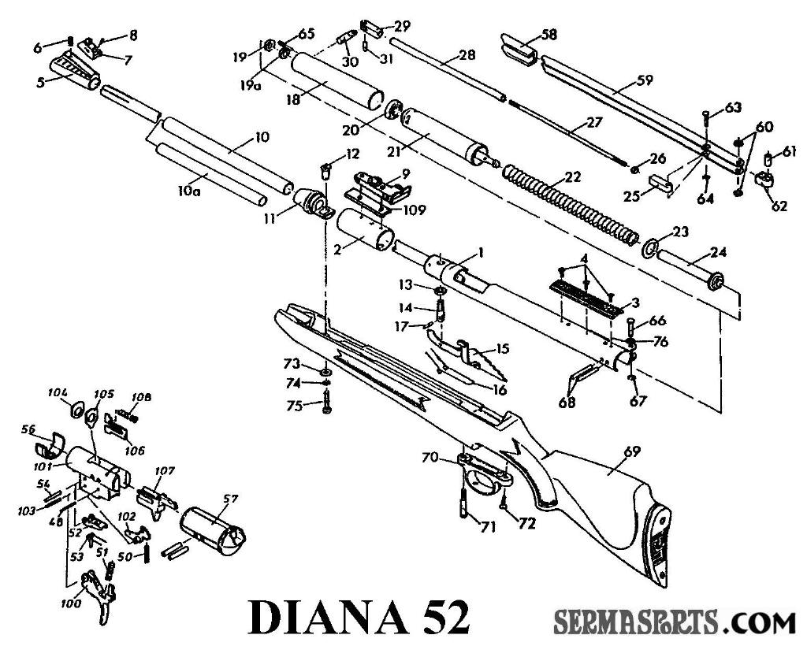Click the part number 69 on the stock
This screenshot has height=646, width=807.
632,451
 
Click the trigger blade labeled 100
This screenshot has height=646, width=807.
99,599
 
